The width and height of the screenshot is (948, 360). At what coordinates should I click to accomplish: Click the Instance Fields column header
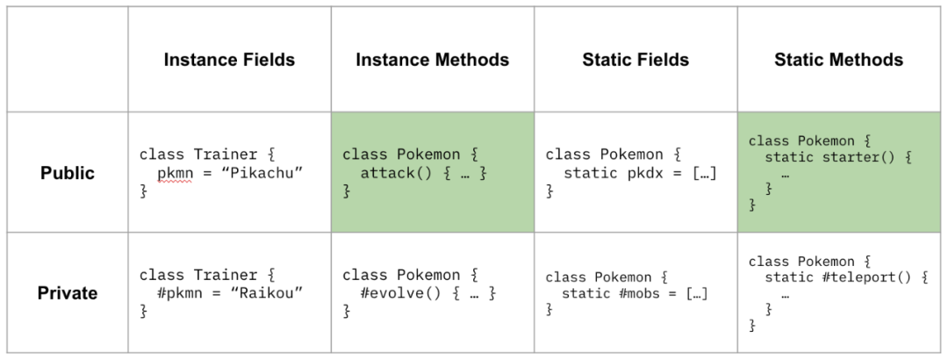point(229,61)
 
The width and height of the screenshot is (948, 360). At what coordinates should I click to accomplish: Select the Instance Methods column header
point(432,61)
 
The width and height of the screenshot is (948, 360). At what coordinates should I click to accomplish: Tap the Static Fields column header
point(636,61)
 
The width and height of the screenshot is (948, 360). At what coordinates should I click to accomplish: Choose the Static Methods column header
point(838,61)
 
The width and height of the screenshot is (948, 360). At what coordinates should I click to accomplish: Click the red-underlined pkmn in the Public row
point(175,173)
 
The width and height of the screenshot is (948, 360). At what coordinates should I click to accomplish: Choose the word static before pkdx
point(590,173)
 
